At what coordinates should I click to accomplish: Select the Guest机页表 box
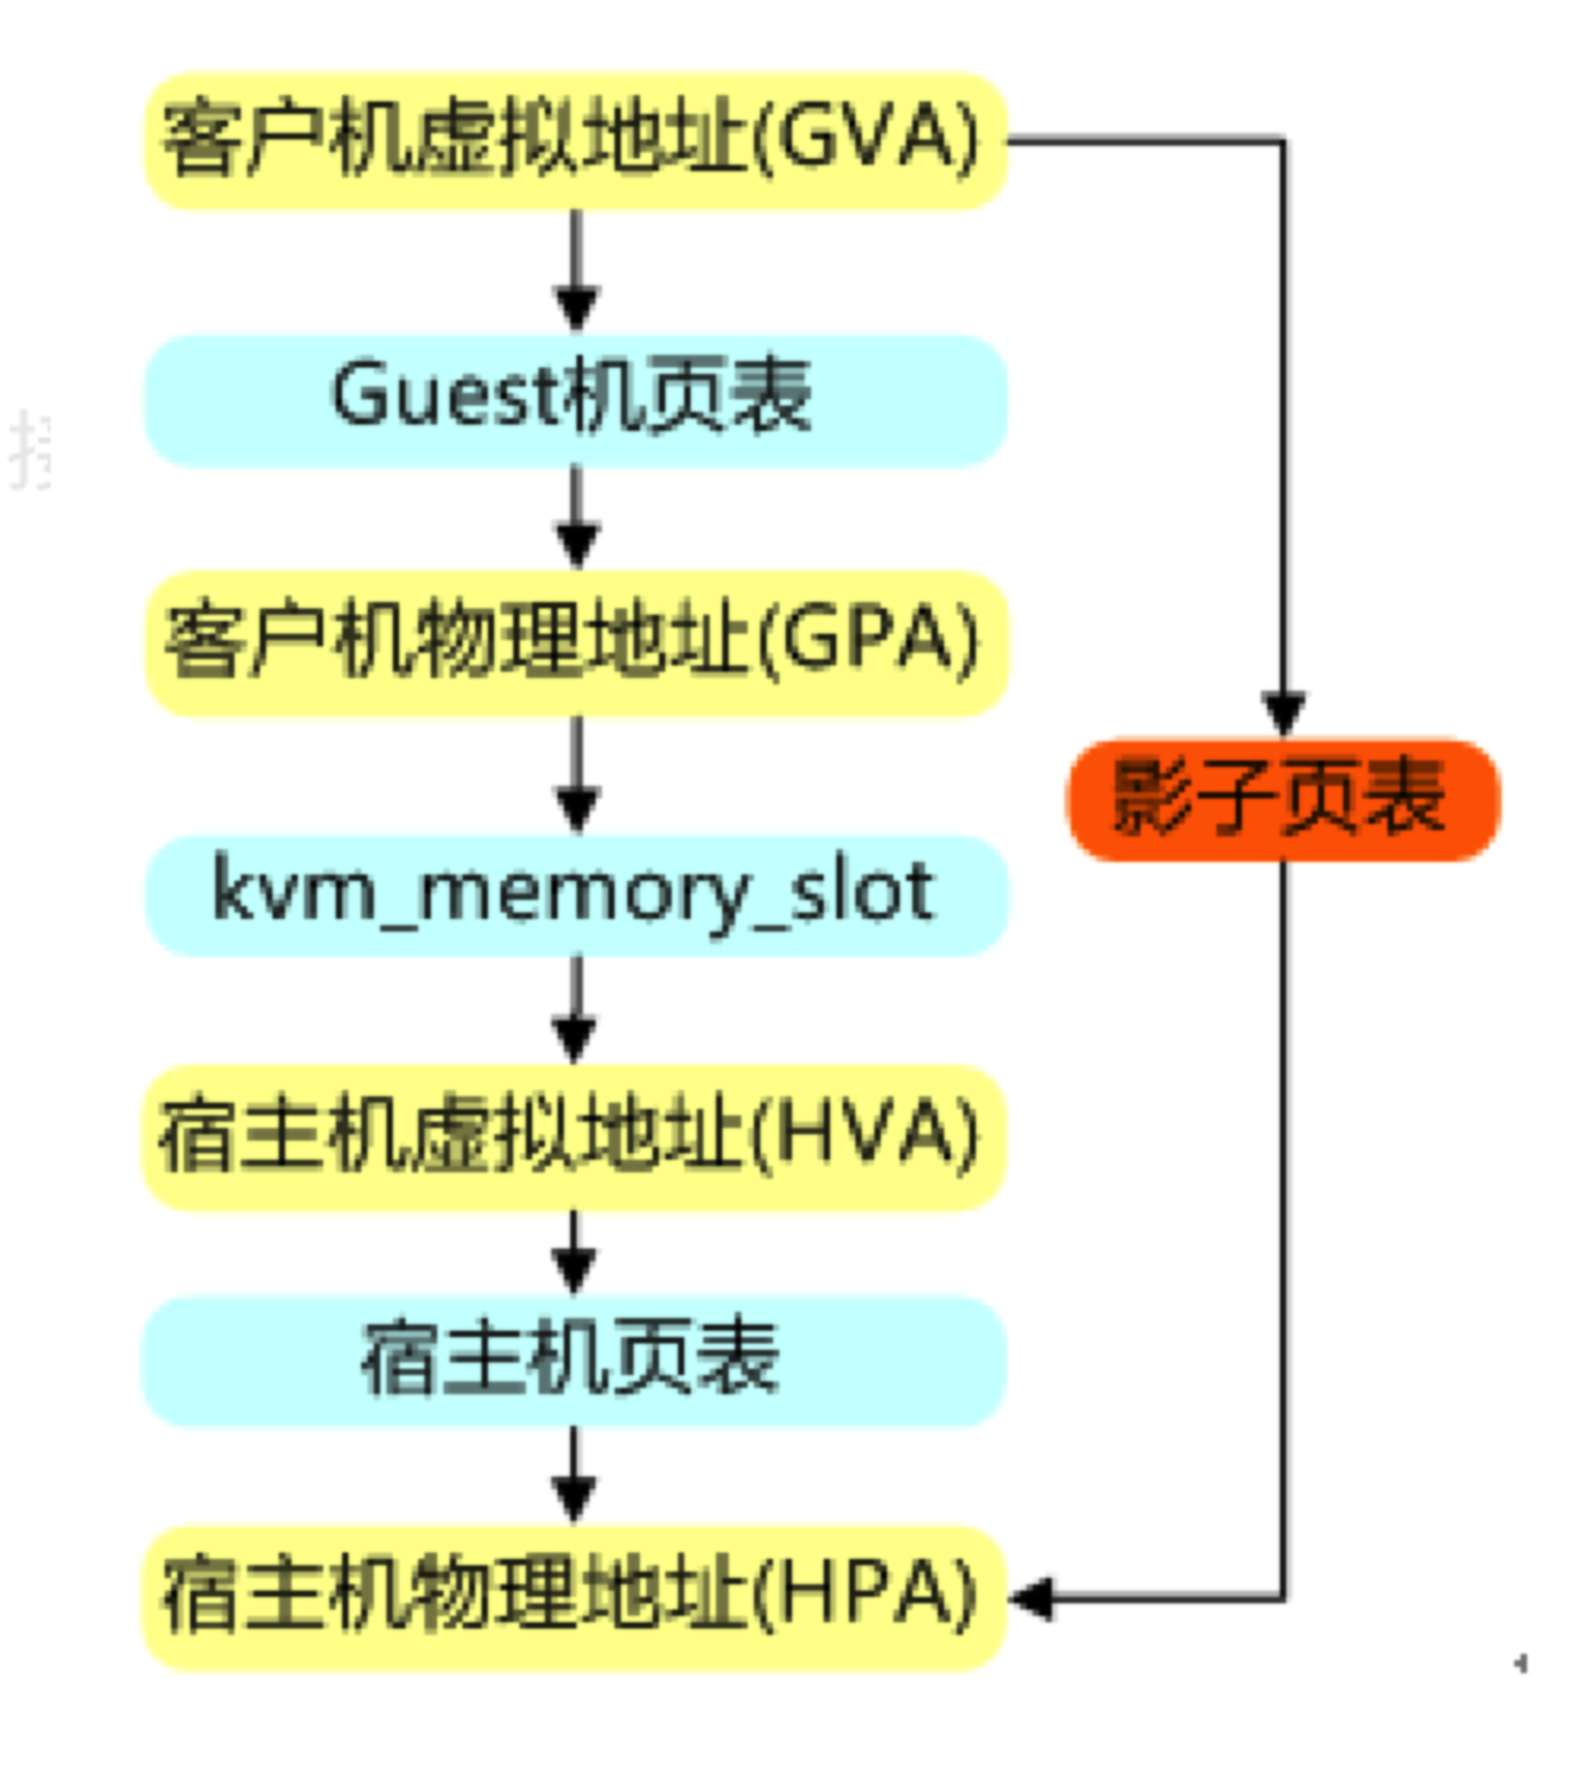click(x=576, y=400)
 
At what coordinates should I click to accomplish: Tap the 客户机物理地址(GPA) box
click(x=576, y=643)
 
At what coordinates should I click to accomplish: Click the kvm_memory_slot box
click(x=576, y=895)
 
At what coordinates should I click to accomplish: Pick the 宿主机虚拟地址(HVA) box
click(x=575, y=1138)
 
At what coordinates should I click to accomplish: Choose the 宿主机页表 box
click(x=575, y=1361)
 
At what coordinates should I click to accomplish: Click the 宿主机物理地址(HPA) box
click(x=575, y=1598)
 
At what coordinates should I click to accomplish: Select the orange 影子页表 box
click(x=1283, y=799)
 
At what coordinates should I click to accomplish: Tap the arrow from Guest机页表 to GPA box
click(x=576, y=518)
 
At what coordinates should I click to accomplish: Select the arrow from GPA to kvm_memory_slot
click(x=576, y=774)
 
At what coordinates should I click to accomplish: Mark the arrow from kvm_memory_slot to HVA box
click(x=575, y=1010)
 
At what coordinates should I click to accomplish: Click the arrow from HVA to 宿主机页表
click(x=575, y=1253)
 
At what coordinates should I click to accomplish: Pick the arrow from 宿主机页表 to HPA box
click(x=575, y=1476)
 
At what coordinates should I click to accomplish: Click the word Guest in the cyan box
click(x=446, y=394)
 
